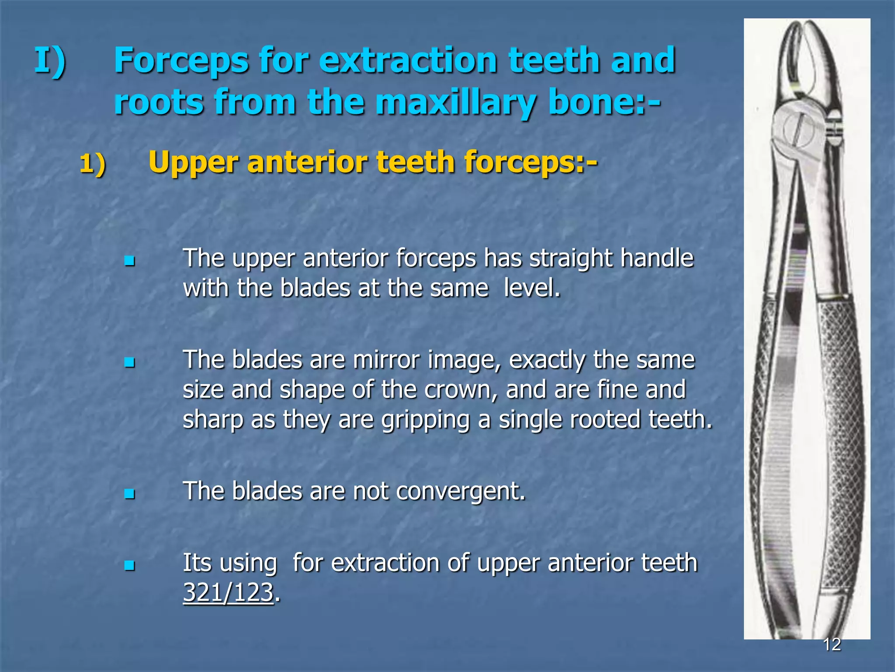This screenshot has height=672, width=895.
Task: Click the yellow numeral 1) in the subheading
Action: pyautogui.click(x=93, y=164)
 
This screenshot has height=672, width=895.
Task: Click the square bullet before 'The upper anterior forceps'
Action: pyautogui.click(x=129, y=262)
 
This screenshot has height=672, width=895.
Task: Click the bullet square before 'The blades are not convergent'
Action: pyautogui.click(x=129, y=494)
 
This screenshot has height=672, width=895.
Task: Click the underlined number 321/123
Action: pyautogui.click(x=228, y=593)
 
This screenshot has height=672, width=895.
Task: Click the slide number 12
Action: pyautogui.click(x=832, y=644)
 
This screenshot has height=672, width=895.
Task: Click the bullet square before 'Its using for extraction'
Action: pyautogui.click(x=129, y=566)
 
